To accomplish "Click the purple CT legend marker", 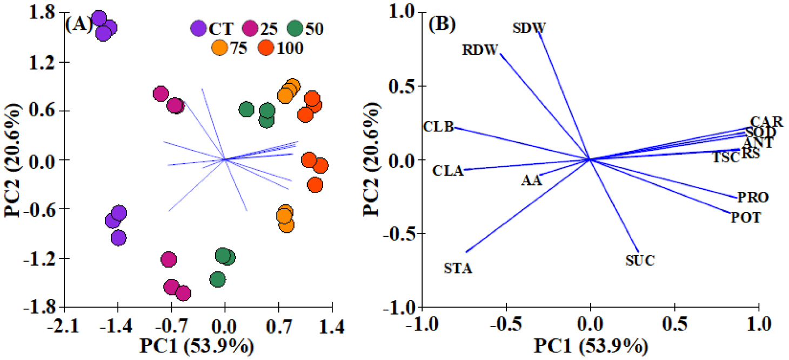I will click(x=199, y=28).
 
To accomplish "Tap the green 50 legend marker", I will click(x=295, y=28).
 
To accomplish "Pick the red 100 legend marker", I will click(x=267, y=48).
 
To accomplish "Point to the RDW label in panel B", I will click(x=479, y=51).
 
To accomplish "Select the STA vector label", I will click(x=458, y=268).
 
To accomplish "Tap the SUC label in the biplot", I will click(x=640, y=261).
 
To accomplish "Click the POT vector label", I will click(x=746, y=218).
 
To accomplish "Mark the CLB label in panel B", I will click(x=438, y=127).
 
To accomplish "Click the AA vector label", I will click(x=531, y=181).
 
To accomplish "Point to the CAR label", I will click(x=766, y=122).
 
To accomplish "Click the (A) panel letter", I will click(x=76, y=25).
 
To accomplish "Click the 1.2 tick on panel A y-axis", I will click(x=45, y=62).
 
